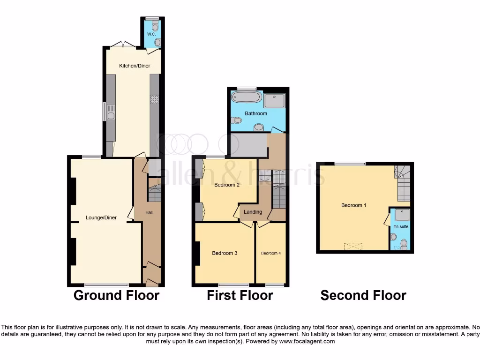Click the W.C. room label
click(151, 34)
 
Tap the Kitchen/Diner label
click(135, 66)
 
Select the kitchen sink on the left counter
click(111, 112)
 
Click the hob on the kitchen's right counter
click(154, 99)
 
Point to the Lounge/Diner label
click(101, 217)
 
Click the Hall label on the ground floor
click(149, 212)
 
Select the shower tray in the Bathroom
click(274, 101)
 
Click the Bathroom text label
click(256, 113)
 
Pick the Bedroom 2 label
click(227, 185)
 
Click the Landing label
click(253, 212)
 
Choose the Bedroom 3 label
click(225, 253)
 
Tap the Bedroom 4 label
click(271, 253)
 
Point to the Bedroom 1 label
click(353, 205)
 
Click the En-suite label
click(400, 226)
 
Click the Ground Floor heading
click(117, 295)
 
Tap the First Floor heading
click(240, 295)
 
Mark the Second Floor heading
click(363, 295)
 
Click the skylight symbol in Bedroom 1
click(353, 246)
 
